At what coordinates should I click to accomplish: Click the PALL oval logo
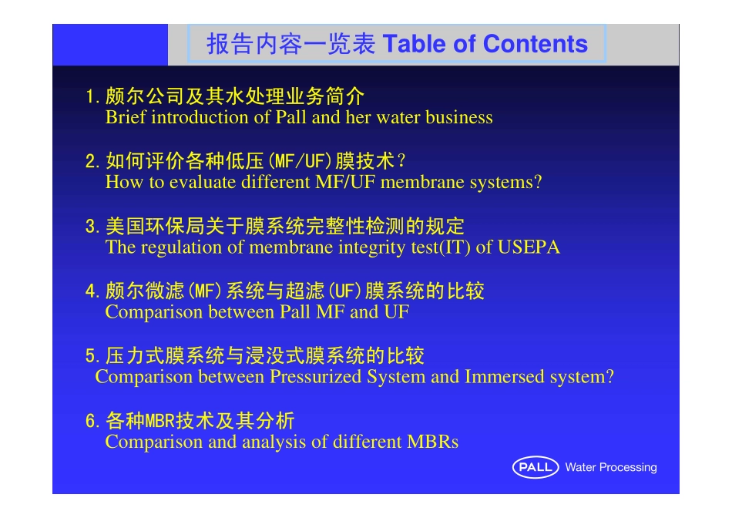pos(535,467)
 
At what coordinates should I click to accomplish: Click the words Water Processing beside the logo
pos(610,467)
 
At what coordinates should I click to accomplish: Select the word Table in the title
pos(414,45)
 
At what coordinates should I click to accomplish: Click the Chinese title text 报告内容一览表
pos(291,45)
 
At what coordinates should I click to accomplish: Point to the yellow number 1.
pos(91,98)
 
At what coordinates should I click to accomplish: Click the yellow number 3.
pos(91,227)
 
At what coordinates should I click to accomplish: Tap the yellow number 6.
pos(91,422)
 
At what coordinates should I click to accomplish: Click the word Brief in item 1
pos(125,118)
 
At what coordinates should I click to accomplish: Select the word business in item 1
pos(459,118)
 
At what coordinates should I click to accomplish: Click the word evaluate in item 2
pos(203,183)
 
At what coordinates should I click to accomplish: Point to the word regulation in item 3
pos(179,247)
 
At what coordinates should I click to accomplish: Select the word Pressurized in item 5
pos(316,377)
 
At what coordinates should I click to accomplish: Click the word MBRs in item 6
pos(433,442)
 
